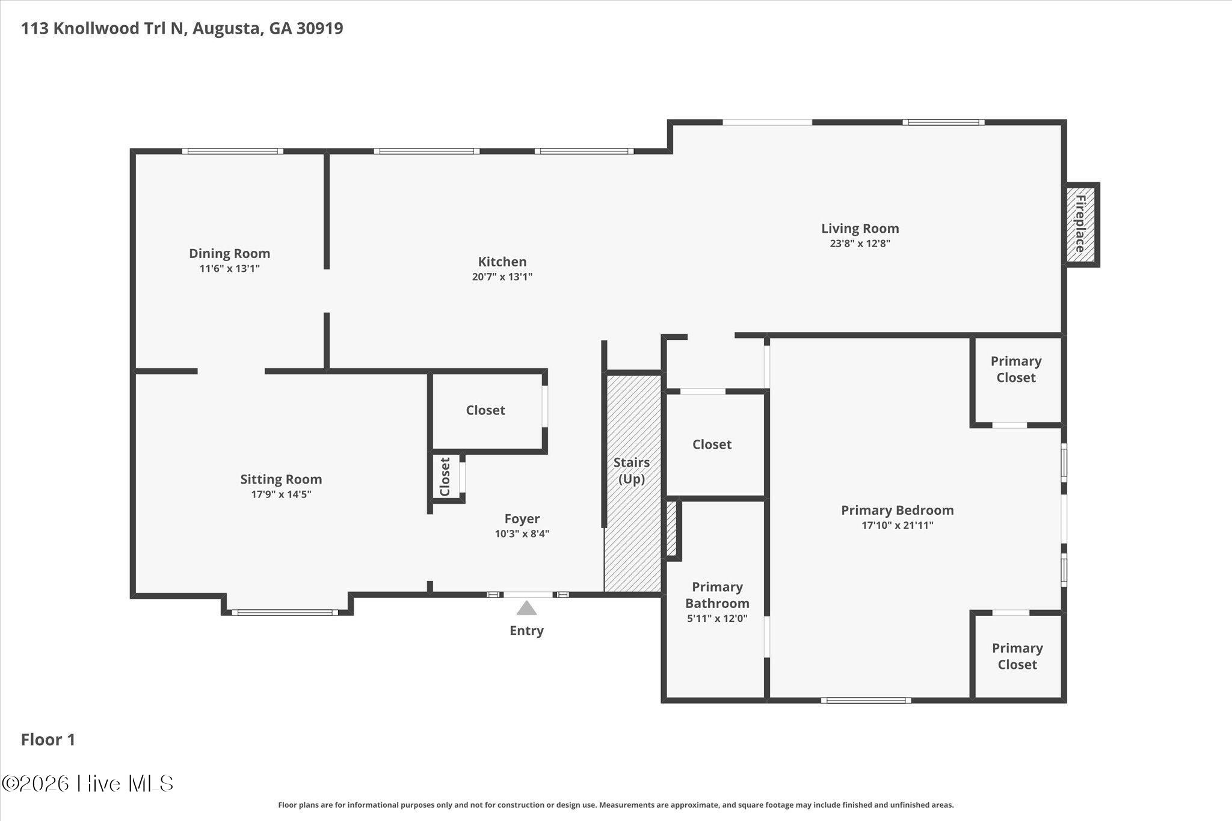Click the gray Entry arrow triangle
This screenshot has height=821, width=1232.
tap(526, 607)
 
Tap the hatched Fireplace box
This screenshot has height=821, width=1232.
tap(1080, 224)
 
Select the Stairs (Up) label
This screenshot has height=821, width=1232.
tap(632, 470)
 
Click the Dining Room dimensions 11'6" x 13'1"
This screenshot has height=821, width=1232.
tap(230, 268)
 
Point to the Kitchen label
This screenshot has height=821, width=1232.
tap(502, 262)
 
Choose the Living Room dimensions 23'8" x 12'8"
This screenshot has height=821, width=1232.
tap(860, 244)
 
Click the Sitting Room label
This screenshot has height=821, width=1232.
tap(281, 479)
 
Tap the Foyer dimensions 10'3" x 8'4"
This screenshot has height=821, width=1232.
tap(522, 533)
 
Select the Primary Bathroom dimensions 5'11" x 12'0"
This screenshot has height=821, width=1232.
tap(717, 618)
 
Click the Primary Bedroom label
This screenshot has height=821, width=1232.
tap(898, 510)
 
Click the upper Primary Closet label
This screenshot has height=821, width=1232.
tap(1016, 369)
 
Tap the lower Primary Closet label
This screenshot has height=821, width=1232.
tap(1017, 656)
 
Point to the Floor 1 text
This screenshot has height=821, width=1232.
tap(48, 740)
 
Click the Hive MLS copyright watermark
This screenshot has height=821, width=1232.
tap(88, 783)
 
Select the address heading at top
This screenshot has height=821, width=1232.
tap(182, 28)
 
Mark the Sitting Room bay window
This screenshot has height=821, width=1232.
tap(285, 613)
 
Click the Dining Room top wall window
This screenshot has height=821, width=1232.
tap(233, 151)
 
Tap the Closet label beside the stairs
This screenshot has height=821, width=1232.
tap(712, 444)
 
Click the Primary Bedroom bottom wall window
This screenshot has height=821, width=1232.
tap(866, 700)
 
